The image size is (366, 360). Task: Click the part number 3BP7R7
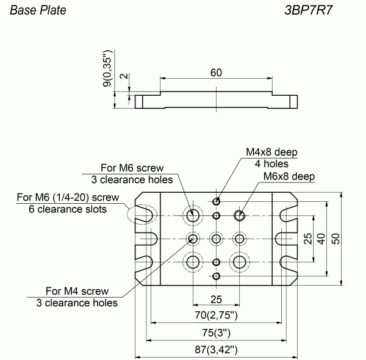[x=308, y=10]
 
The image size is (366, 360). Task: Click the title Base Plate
[x=38, y=10]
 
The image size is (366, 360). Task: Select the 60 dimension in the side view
[x=216, y=73]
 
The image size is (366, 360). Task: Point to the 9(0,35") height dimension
[x=107, y=68]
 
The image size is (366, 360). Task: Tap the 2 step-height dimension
[x=126, y=76]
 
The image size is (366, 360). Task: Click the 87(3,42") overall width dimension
[x=216, y=350]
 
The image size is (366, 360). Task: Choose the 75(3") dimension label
[x=216, y=333]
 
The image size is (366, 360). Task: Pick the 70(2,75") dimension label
[x=216, y=315]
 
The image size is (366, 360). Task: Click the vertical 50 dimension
[x=335, y=239]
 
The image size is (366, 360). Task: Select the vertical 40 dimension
[x=321, y=239]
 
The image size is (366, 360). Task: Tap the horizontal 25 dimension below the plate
[x=216, y=300]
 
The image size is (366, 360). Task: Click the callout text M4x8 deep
[x=271, y=152]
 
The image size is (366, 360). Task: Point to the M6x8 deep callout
[x=289, y=176]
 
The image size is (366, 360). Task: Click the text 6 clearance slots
[x=68, y=209]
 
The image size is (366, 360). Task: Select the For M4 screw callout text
[x=77, y=291]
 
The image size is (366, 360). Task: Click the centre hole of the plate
[x=216, y=239]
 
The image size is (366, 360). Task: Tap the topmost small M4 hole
[x=217, y=201]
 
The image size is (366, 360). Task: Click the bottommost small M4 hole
[x=217, y=276]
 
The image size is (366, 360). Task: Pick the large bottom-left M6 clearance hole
[x=193, y=262]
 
